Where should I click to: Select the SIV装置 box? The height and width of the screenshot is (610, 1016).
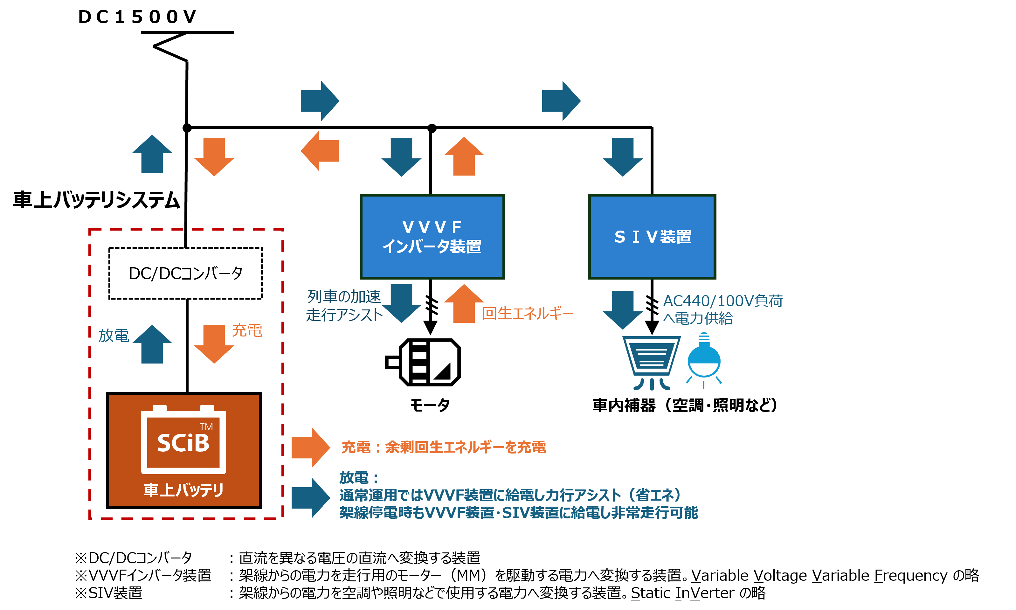(x=652, y=236)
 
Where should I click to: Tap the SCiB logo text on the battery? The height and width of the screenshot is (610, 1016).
(x=183, y=443)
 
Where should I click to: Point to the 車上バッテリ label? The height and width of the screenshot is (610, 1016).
(x=183, y=490)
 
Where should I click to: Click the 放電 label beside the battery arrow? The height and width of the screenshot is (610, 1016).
(x=114, y=336)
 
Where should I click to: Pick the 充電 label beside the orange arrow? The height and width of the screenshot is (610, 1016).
(x=247, y=330)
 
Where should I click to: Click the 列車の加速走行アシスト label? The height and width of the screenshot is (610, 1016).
(x=344, y=305)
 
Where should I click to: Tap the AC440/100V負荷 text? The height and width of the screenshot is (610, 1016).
(x=722, y=301)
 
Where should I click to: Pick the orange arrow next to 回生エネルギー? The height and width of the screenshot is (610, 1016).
(x=464, y=304)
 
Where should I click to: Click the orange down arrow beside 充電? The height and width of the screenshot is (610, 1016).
(x=214, y=343)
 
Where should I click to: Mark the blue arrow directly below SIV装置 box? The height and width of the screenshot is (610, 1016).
(x=622, y=309)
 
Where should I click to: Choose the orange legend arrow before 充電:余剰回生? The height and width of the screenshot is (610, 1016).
(x=310, y=447)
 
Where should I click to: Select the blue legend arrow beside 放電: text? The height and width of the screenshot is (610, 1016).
(x=310, y=497)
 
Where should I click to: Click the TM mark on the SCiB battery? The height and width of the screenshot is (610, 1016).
(x=206, y=427)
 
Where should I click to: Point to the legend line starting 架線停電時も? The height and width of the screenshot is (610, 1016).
(x=518, y=513)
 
